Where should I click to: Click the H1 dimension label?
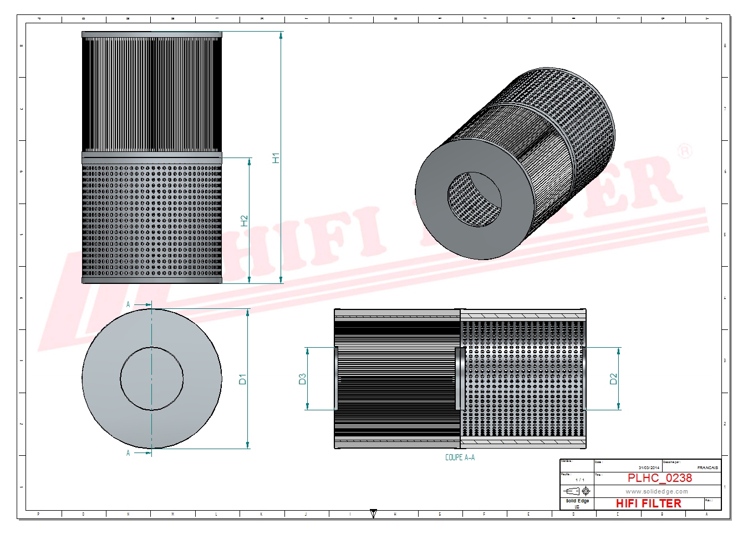coord(276,157)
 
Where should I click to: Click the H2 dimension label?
coord(245,221)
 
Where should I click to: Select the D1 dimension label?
coord(242,380)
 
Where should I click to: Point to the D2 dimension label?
coord(613,379)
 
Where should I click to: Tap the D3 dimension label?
coord(303,379)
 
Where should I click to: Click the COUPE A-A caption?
coord(460,457)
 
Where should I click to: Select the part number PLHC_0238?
coord(659,478)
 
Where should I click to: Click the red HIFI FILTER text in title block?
coord(648,504)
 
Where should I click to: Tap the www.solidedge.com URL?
coord(657,491)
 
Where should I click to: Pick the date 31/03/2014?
coord(649,468)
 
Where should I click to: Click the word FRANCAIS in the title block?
coord(708,468)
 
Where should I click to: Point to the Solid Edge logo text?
coord(577,501)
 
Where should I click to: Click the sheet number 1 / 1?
coord(580,480)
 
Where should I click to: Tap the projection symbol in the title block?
coord(577,491)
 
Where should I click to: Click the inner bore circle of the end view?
coord(151,379)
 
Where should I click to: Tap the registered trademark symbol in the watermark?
coord(685,151)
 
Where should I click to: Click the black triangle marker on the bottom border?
coord(373,513)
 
